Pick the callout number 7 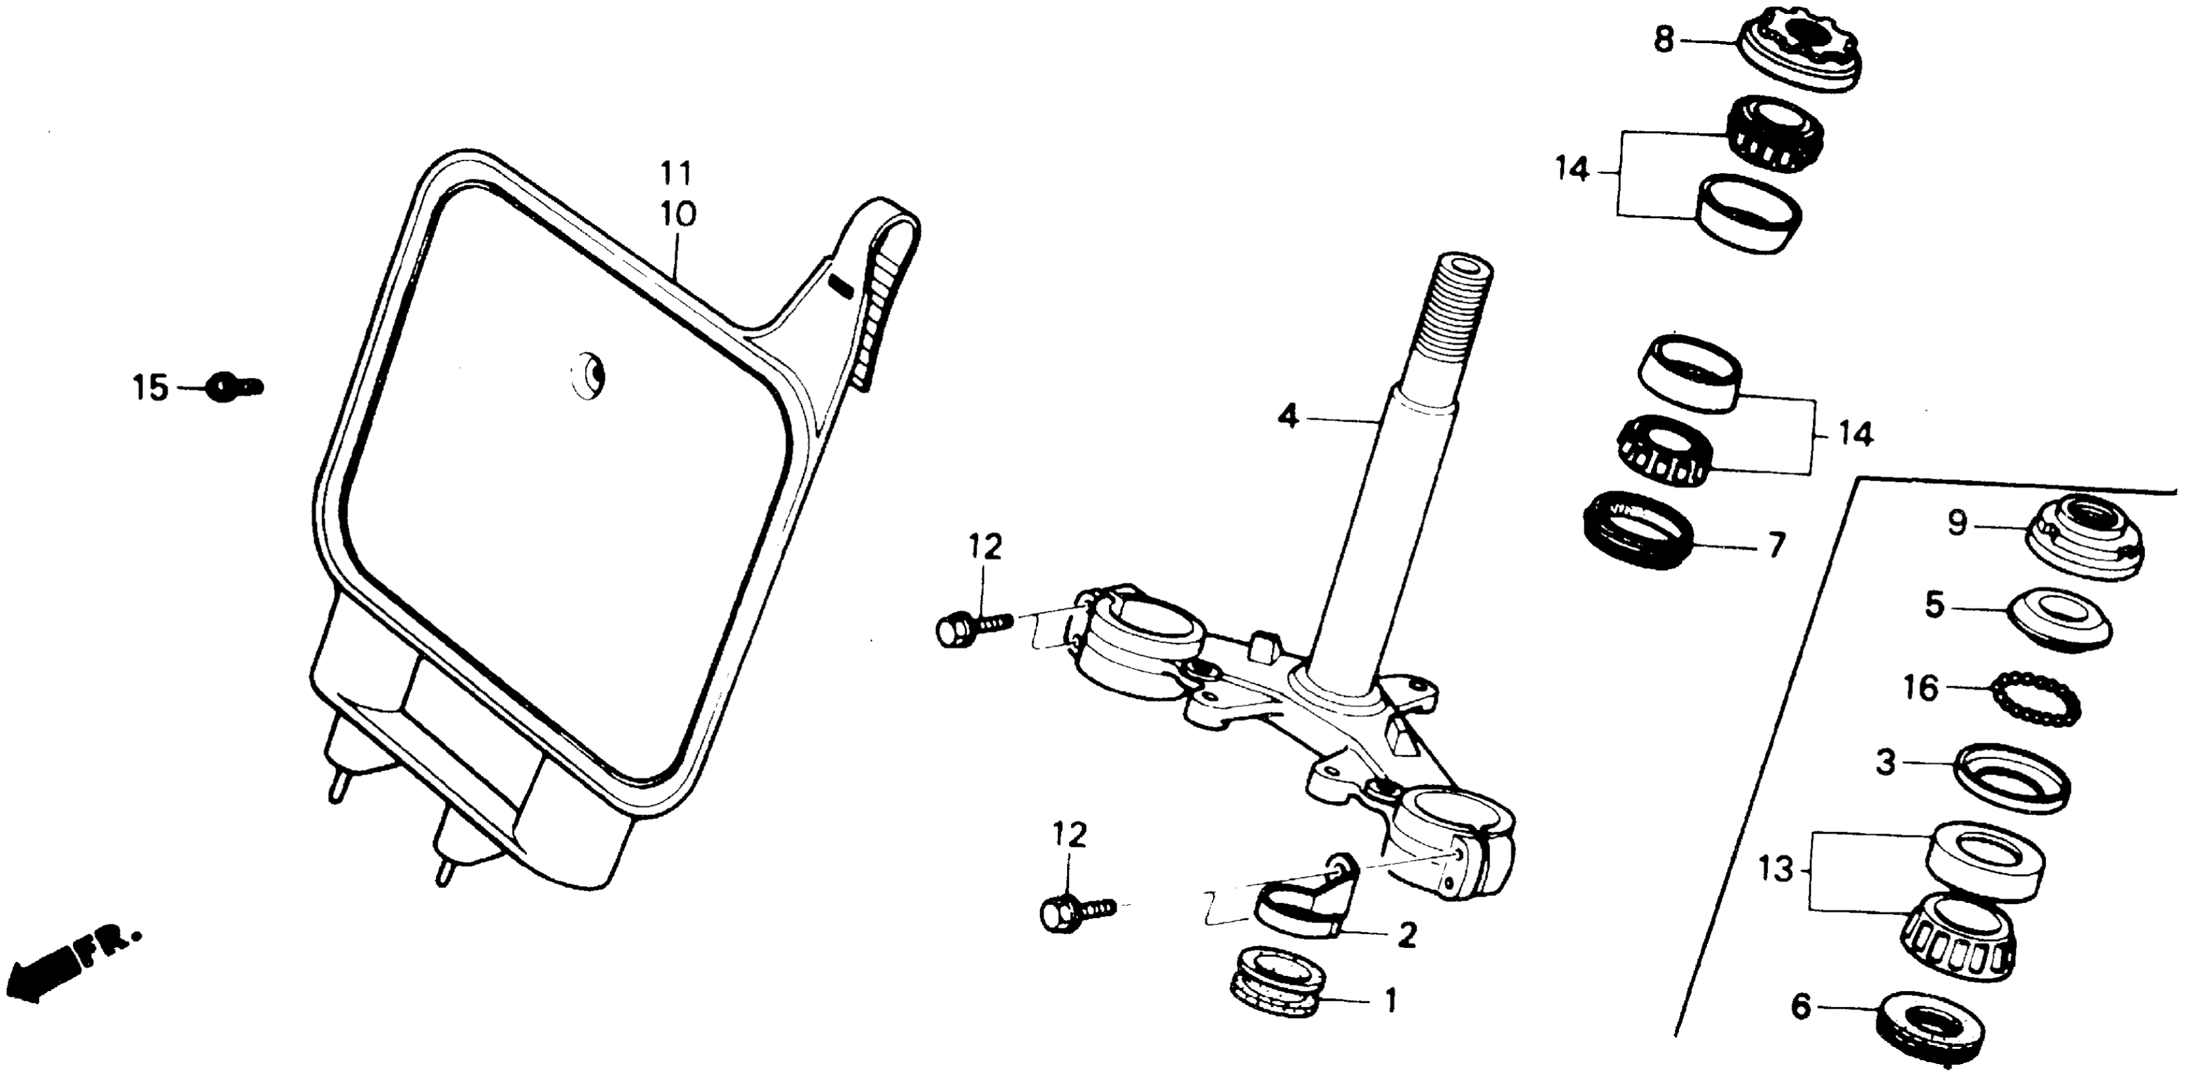click(x=1776, y=547)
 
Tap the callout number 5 click(x=1934, y=606)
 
